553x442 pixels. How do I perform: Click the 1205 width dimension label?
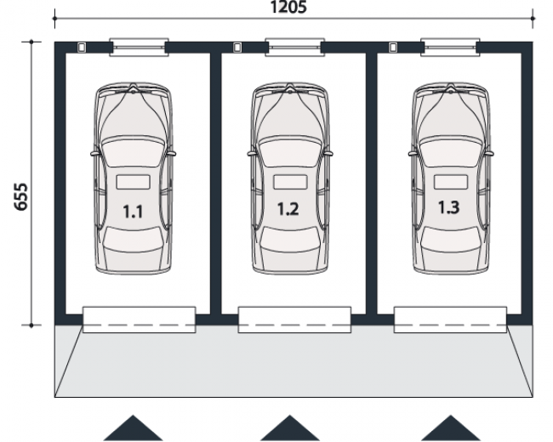(288, 7)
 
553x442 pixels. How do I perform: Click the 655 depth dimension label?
(20, 196)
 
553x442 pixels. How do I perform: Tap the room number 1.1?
(133, 212)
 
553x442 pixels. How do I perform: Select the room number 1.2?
(288, 209)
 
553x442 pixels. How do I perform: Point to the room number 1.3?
(448, 207)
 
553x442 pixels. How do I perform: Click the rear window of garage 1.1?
(139, 48)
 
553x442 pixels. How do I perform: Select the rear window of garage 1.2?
(295, 48)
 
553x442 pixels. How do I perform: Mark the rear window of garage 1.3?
(450, 48)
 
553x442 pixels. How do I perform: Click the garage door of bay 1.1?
(139, 320)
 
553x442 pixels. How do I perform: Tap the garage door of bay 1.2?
(294, 320)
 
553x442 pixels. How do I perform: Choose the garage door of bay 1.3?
(450, 320)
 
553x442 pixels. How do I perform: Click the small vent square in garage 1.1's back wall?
(82, 48)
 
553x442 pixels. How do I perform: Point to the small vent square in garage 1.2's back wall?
(237, 48)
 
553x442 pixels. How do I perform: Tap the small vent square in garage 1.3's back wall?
(393, 48)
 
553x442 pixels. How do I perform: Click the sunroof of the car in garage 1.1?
(134, 182)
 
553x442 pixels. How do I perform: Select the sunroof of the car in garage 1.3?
(451, 182)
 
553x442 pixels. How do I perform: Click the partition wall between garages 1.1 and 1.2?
(215, 184)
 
